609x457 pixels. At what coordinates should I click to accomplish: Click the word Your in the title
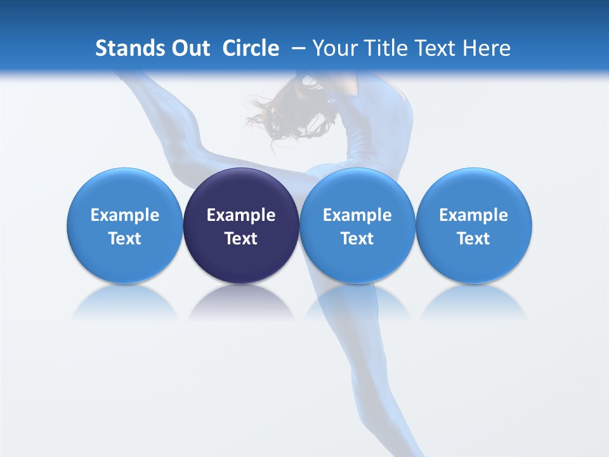(335, 48)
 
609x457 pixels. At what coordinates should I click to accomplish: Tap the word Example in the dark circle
(241, 215)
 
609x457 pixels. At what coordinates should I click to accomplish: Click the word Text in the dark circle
(241, 239)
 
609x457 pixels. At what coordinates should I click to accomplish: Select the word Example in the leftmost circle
(124, 215)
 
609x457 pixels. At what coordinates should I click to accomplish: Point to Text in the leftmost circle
(124, 239)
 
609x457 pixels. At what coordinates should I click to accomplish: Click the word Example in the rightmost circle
(473, 215)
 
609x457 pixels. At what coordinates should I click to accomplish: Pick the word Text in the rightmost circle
(473, 239)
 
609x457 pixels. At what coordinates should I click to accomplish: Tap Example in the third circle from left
(357, 215)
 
